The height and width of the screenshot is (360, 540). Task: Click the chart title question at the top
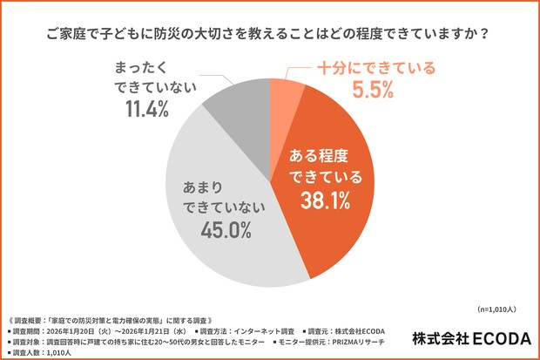coord(270,36)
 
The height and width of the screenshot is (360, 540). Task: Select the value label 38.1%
coord(323,200)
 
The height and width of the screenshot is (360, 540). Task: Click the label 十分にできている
coord(375,66)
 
